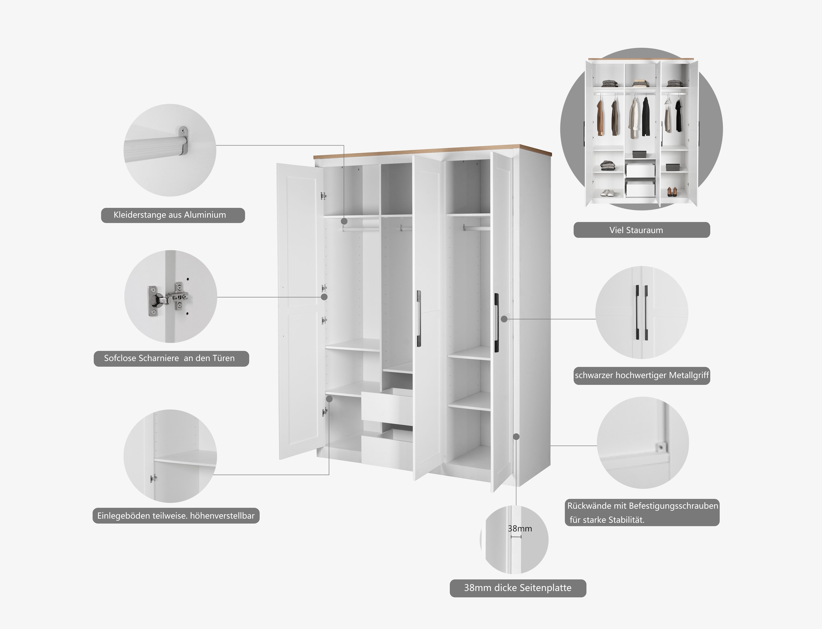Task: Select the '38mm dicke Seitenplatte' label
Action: [x=518, y=588]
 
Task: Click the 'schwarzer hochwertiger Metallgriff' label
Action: [x=642, y=375]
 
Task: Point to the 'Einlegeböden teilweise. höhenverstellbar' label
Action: [x=176, y=516]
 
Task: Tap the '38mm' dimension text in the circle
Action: [x=520, y=528]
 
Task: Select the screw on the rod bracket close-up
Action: [x=183, y=131]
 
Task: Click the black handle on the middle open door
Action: [x=419, y=318]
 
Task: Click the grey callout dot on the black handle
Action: [x=504, y=319]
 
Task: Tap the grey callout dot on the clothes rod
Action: [x=344, y=222]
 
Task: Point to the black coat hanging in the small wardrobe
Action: [x=646, y=117]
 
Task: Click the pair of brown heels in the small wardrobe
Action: [x=672, y=192]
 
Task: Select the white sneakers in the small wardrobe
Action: [x=607, y=193]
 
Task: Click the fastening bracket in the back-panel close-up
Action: [x=661, y=447]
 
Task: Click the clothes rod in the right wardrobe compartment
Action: [x=476, y=227]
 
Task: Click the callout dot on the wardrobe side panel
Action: [x=516, y=437]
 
